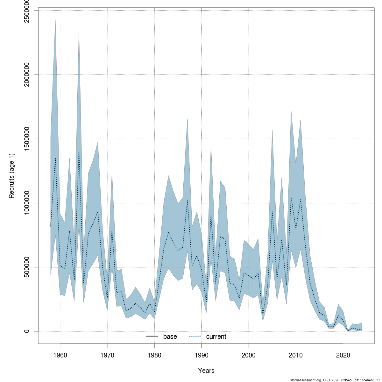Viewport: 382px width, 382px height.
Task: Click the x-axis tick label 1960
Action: coord(60,355)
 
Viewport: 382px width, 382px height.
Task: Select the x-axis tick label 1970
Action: coord(107,355)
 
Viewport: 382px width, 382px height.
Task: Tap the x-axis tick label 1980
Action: coord(154,355)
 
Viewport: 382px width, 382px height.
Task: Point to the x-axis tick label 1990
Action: coord(202,355)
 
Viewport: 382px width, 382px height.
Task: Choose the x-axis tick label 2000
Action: coord(249,355)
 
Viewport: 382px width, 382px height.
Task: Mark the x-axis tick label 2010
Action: coord(296,355)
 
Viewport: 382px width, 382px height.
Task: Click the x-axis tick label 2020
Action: coord(343,355)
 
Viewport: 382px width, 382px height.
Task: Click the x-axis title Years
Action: coord(206,371)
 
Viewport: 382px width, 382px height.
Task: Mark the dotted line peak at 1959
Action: coord(55,158)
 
